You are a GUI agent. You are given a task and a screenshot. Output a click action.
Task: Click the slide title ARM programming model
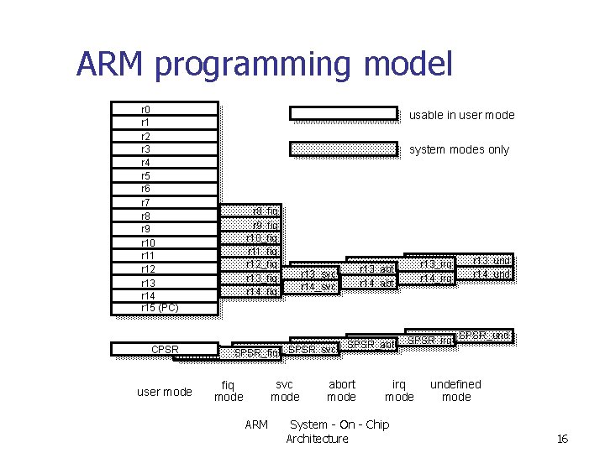pyautogui.click(x=265, y=64)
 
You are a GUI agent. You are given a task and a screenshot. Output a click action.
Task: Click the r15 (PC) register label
pyautogui.click(x=160, y=308)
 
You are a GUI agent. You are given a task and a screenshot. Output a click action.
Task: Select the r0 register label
pyautogui.click(x=146, y=109)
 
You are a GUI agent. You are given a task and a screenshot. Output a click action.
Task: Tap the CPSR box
pyautogui.click(x=165, y=349)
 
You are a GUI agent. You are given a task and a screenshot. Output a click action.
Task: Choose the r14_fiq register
pyautogui.click(x=261, y=291)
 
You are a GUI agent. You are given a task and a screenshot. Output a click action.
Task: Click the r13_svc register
pyautogui.click(x=319, y=273)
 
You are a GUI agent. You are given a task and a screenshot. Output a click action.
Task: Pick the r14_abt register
pyautogui.click(x=376, y=283)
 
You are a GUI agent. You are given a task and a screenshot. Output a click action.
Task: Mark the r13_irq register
pyautogui.click(x=436, y=265)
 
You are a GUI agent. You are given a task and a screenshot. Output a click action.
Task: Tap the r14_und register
pyautogui.click(x=492, y=274)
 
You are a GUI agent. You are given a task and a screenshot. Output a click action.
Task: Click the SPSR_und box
pyautogui.click(x=484, y=336)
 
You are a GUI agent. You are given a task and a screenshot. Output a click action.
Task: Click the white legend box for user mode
pyautogui.click(x=343, y=112)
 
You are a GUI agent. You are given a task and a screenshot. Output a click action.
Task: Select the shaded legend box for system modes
pyautogui.click(x=343, y=149)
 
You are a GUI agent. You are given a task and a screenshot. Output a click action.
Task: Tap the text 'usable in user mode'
pyautogui.click(x=461, y=115)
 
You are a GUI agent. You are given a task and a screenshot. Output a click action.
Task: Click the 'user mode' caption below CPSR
pyautogui.click(x=165, y=392)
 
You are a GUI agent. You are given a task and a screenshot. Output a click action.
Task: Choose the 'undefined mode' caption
pyautogui.click(x=456, y=391)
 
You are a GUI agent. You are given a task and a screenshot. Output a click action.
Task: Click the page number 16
pyautogui.click(x=563, y=439)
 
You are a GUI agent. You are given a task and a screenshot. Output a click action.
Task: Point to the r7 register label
pyautogui.click(x=146, y=202)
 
